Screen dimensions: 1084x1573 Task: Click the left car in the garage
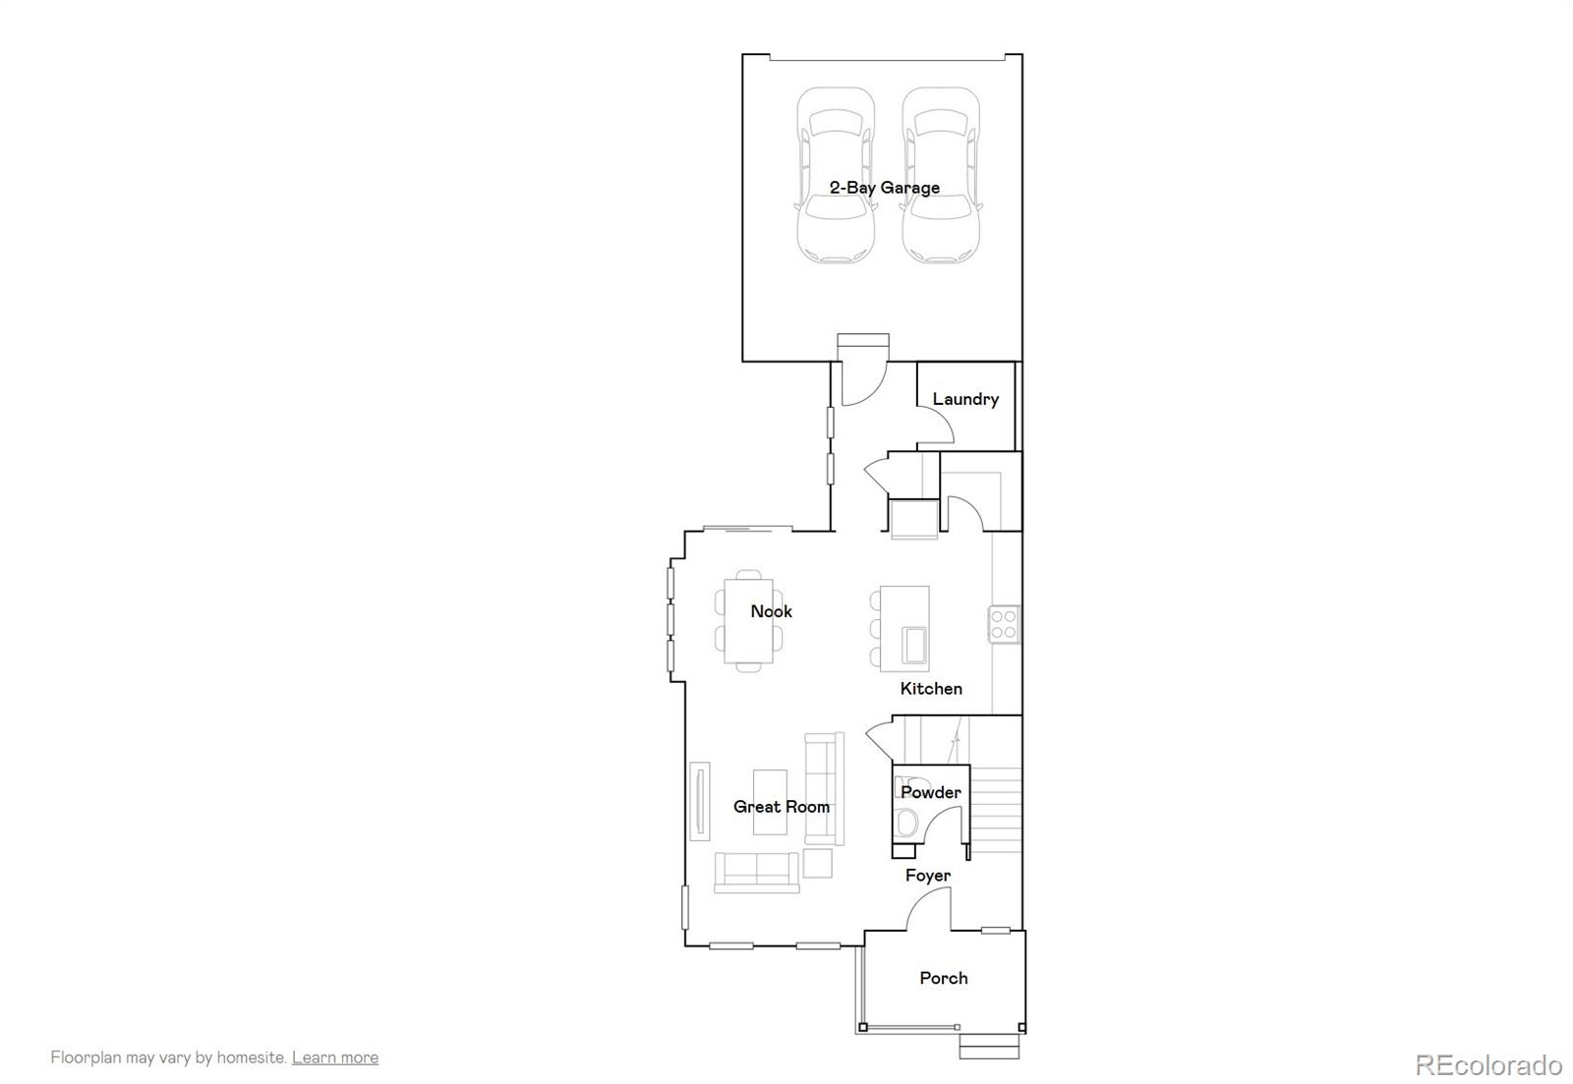[x=835, y=177]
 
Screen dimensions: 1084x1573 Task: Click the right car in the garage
[x=942, y=177]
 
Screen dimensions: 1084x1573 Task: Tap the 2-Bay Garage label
[x=884, y=188]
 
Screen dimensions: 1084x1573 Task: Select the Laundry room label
[x=965, y=399]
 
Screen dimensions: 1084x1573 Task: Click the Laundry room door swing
[x=938, y=427]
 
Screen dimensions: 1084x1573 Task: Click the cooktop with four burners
[x=1004, y=624]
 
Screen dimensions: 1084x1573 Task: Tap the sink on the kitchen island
[x=914, y=646]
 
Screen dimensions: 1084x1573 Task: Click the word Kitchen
[x=931, y=689]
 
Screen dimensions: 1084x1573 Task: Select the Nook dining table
[x=749, y=621]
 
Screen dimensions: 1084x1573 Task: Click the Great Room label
[x=782, y=807]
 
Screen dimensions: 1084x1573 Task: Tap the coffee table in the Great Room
[x=770, y=802]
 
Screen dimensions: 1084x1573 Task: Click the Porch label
[x=944, y=978]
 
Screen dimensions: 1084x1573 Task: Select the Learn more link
[x=334, y=1057]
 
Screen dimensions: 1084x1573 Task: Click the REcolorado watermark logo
[x=1487, y=1065]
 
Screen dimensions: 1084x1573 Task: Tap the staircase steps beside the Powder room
[x=997, y=806]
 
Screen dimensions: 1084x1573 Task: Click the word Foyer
[x=928, y=876]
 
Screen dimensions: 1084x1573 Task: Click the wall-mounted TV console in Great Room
[x=700, y=801]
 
